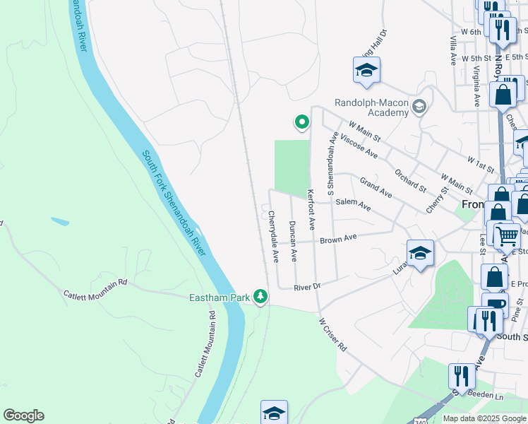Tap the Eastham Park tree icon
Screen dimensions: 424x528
click(261, 296)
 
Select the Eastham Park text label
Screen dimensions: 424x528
click(220, 298)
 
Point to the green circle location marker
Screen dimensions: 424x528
click(301, 122)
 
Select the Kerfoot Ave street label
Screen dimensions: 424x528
click(311, 209)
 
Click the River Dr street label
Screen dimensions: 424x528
click(308, 286)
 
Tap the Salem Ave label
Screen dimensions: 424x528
click(353, 204)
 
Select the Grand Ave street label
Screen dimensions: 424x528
click(376, 187)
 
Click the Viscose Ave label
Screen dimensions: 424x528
click(359, 146)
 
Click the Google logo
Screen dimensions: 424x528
click(23, 416)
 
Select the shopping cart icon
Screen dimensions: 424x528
click(507, 235)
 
